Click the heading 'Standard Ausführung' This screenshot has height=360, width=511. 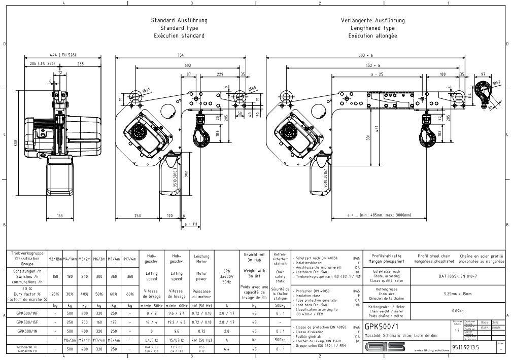[x=179, y=20]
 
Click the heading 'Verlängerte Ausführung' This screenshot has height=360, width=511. [x=372, y=20]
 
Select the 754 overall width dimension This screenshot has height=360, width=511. [x=181, y=55]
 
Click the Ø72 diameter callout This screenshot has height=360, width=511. [x=147, y=91]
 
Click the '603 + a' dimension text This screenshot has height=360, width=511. [x=365, y=55]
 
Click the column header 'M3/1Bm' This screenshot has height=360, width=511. [x=54, y=259]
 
